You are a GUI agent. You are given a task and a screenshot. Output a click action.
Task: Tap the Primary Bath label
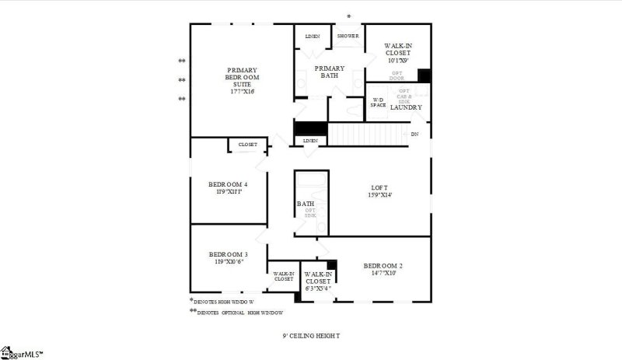tap(329, 72)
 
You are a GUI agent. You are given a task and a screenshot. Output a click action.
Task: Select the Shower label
tap(348, 37)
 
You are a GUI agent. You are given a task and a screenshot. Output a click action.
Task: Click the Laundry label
tap(406, 107)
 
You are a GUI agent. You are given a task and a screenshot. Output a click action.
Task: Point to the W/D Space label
tap(378, 103)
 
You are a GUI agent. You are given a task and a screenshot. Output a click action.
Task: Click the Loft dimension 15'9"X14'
tap(379, 195)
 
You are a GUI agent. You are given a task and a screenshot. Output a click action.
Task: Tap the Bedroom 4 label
tap(228, 184)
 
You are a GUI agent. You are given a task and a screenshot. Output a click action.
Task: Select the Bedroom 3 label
tap(228, 254)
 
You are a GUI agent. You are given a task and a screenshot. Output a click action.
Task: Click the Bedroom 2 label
tap(383, 266)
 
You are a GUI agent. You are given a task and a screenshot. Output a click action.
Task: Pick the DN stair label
tap(414, 134)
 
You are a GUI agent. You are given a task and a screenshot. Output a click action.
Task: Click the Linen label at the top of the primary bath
tap(313, 37)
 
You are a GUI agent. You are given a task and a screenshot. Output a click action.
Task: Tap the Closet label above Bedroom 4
tap(247, 145)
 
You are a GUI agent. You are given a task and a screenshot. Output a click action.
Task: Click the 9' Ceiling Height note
tap(311, 336)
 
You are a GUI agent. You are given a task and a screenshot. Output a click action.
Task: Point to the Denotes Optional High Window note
tap(239, 312)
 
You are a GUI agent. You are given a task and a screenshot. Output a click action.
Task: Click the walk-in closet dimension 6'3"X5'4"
tap(317, 288)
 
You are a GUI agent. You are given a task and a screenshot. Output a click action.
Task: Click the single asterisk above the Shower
tap(348, 16)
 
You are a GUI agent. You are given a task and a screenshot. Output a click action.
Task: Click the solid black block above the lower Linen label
tap(309, 130)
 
